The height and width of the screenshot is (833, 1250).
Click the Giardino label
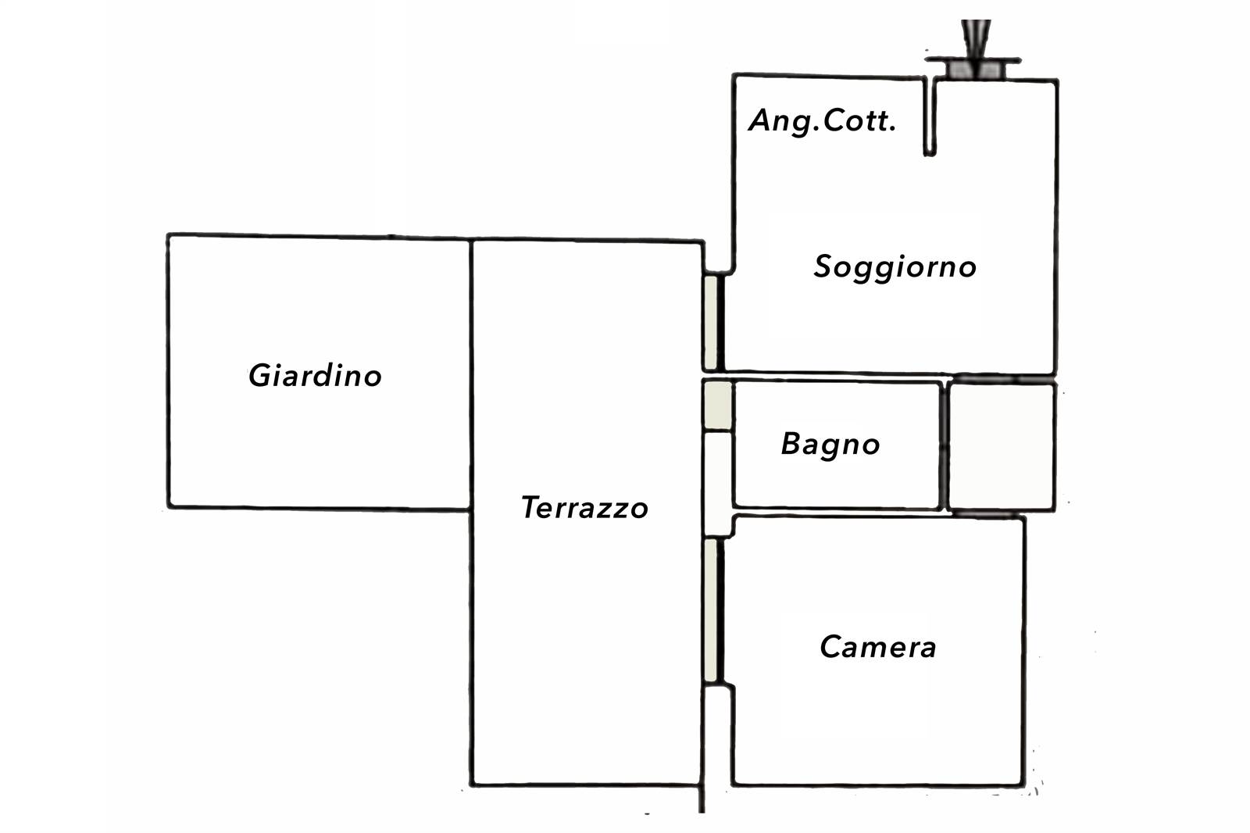tap(315, 376)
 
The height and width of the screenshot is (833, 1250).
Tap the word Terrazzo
tap(584, 508)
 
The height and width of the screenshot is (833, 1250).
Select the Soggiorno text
tap(895, 267)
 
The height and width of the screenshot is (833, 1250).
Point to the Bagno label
tap(830, 445)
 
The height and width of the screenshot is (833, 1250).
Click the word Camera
tap(877, 647)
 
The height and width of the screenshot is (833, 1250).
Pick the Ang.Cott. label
tap(822, 121)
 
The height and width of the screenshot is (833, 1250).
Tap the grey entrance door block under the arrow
tap(974, 70)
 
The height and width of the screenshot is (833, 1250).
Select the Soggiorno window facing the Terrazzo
tap(710, 323)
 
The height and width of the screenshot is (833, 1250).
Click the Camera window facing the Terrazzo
tap(710, 611)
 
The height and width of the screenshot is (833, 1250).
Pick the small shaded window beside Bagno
tap(717, 405)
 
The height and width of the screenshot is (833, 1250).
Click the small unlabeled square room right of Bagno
tap(1002, 446)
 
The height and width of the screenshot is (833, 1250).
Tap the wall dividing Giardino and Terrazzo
tap(471, 375)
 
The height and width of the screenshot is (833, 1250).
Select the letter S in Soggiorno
tap(823, 267)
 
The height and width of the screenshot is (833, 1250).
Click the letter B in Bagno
tap(791, 444)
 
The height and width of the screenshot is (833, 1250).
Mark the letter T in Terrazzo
tap(530, 507)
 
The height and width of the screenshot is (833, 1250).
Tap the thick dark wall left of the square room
tap(944, 445)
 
